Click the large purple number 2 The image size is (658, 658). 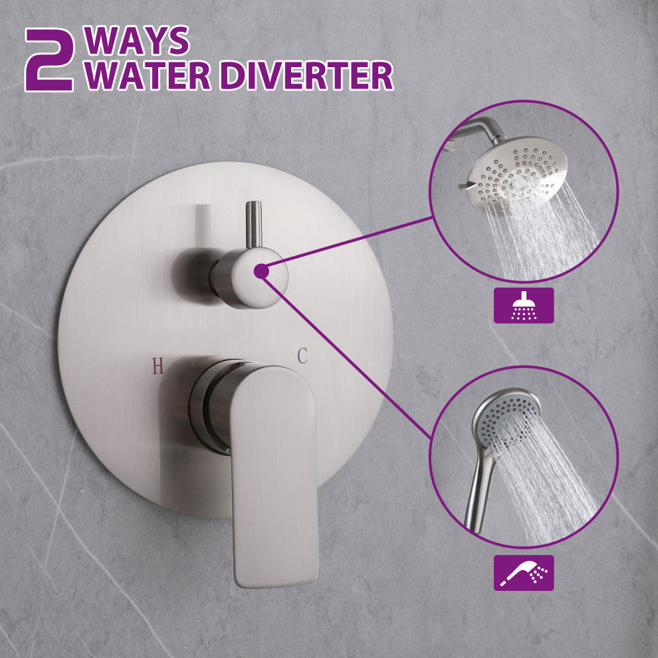pyautogui.click(x=49, y=60)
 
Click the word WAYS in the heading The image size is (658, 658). pyautogui.click(x=137, y=41)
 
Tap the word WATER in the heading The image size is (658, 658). pyautogui.click(x=147, y=76)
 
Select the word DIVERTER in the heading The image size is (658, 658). pyautogui.click(x=306, y=76)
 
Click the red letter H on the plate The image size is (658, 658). pyautogui.click(x=158, y=366)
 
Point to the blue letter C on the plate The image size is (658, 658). pyautogui.click(x=302, y=356)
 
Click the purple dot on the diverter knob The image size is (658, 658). pyautogui.click(x=261, y=271)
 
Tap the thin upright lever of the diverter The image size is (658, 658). pyautogui.click(x=253, y=225)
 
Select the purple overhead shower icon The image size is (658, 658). pyautogui.click(x=523, y=305)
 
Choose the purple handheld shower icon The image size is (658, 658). pyautogui.click(x=523, y=573)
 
